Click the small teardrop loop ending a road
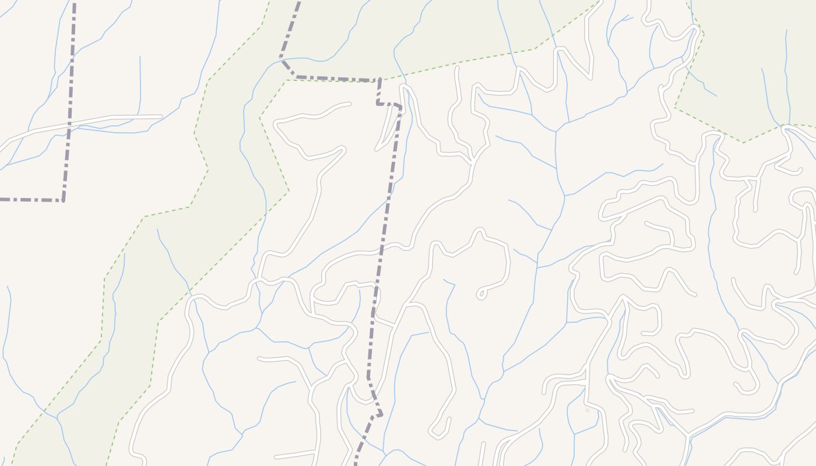pos(481,294)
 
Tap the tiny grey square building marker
pos(588,410)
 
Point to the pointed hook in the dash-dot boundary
pos(380,415)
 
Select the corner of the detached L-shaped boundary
pos(63,200)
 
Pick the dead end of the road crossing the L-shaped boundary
pos(161,117)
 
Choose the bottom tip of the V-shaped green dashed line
pos(743,142)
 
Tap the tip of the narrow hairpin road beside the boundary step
pos(378,149)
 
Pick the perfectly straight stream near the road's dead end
pos(140,82)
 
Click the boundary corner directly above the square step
pos(379,80)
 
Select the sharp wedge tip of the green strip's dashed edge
pos(289,190)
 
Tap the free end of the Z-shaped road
pos(350,104)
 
